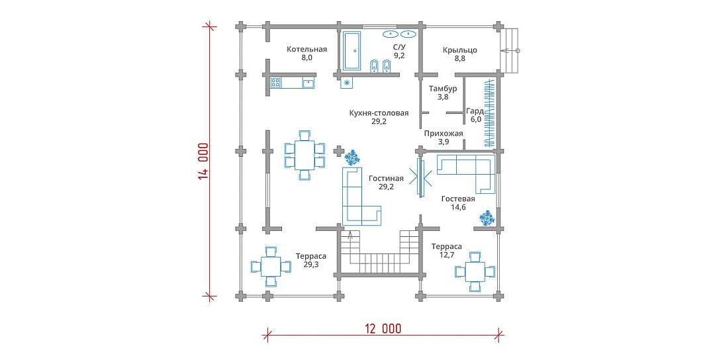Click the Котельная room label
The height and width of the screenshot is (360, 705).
(306, 50)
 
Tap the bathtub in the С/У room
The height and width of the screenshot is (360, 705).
(352, 51)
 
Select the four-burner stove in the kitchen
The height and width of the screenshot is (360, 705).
(275, 83)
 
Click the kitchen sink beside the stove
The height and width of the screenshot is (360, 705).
(308, 83)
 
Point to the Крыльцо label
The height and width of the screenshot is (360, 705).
(459, 50)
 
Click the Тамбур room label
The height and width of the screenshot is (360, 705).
(443, 89)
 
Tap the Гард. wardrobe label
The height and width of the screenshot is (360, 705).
(475, 111)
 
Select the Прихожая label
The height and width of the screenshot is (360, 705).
(444, 134)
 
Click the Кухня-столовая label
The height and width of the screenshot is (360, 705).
(379, 112)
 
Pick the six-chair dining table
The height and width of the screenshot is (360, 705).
(305, 155)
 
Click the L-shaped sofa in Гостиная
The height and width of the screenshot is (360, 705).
(361, 197)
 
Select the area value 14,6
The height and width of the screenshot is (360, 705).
(458, 207)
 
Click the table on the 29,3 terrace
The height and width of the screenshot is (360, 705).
(271, 267)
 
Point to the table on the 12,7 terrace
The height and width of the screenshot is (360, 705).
(475, 272)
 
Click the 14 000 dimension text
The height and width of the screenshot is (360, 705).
(203, 161)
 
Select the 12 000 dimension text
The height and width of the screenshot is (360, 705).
(383, 329)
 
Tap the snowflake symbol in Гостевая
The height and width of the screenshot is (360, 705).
(487, 218)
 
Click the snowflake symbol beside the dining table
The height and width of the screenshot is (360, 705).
(352, 157)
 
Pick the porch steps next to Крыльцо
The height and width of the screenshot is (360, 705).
(509, 50)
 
